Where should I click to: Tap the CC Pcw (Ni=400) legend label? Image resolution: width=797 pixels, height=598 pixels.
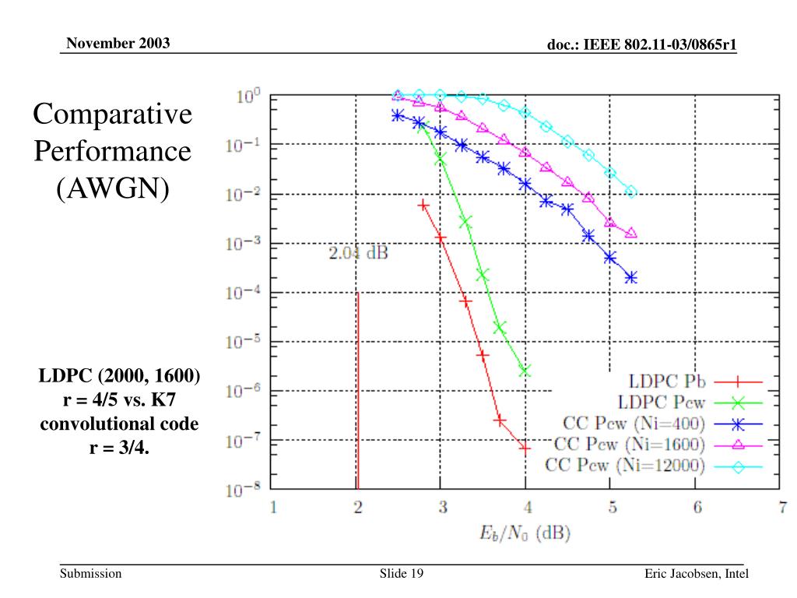point(634,424)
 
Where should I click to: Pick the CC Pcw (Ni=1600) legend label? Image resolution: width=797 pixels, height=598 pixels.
point(629,445)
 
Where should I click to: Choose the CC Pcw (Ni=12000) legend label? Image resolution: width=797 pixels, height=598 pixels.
point(625,466)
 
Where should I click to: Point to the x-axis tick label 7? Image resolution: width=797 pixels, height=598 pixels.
point(781,508)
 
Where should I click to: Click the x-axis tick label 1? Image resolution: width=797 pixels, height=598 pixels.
point(273,508)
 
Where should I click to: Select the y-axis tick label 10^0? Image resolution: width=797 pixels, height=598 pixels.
point(248,96)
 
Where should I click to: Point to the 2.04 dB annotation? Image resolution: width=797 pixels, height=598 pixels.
point(358,253)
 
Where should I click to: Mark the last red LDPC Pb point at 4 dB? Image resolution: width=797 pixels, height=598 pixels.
point(525,448)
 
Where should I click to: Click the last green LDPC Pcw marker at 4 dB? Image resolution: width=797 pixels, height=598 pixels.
point(525,371)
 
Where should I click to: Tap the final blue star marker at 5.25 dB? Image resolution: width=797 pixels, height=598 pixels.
point(630,277)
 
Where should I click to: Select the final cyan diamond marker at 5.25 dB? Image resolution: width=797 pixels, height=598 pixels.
point(630,192)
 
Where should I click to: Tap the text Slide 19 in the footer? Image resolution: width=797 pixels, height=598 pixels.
point(401,575)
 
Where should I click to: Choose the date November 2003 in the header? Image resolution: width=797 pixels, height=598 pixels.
point(118,42)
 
